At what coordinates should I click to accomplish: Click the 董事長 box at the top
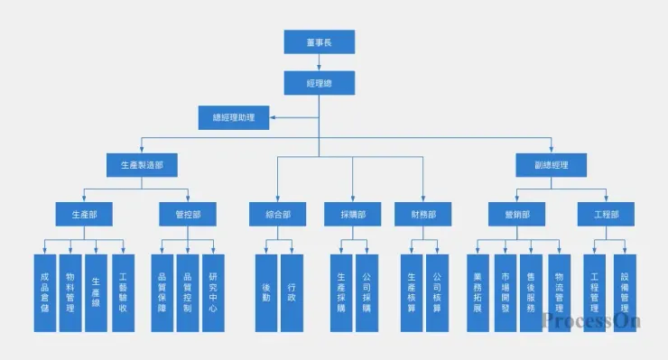pos(319,42)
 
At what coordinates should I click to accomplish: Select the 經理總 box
pos(319,83)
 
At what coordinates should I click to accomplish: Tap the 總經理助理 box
pos(233,118)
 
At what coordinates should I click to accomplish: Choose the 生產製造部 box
pos(142,165)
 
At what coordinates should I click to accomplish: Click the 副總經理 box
pos(551,165)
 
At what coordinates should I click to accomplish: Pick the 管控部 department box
pos(188,214)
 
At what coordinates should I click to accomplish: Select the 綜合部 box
pos(277,214)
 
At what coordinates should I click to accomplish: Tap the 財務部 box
pos(422,214)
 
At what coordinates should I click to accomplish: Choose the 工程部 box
pos(606,214)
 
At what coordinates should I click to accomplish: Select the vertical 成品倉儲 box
pos(45,292)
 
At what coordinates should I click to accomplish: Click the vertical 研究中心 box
pos(213,292)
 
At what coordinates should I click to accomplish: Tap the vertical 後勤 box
pos(265,292)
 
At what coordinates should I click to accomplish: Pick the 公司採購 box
pos(366,292)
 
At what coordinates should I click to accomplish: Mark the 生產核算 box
pos(412,292)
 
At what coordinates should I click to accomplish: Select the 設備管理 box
pos(624,292)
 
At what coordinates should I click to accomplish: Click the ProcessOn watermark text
pos(590,320)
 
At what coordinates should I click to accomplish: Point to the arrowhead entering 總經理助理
pos(273,118)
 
